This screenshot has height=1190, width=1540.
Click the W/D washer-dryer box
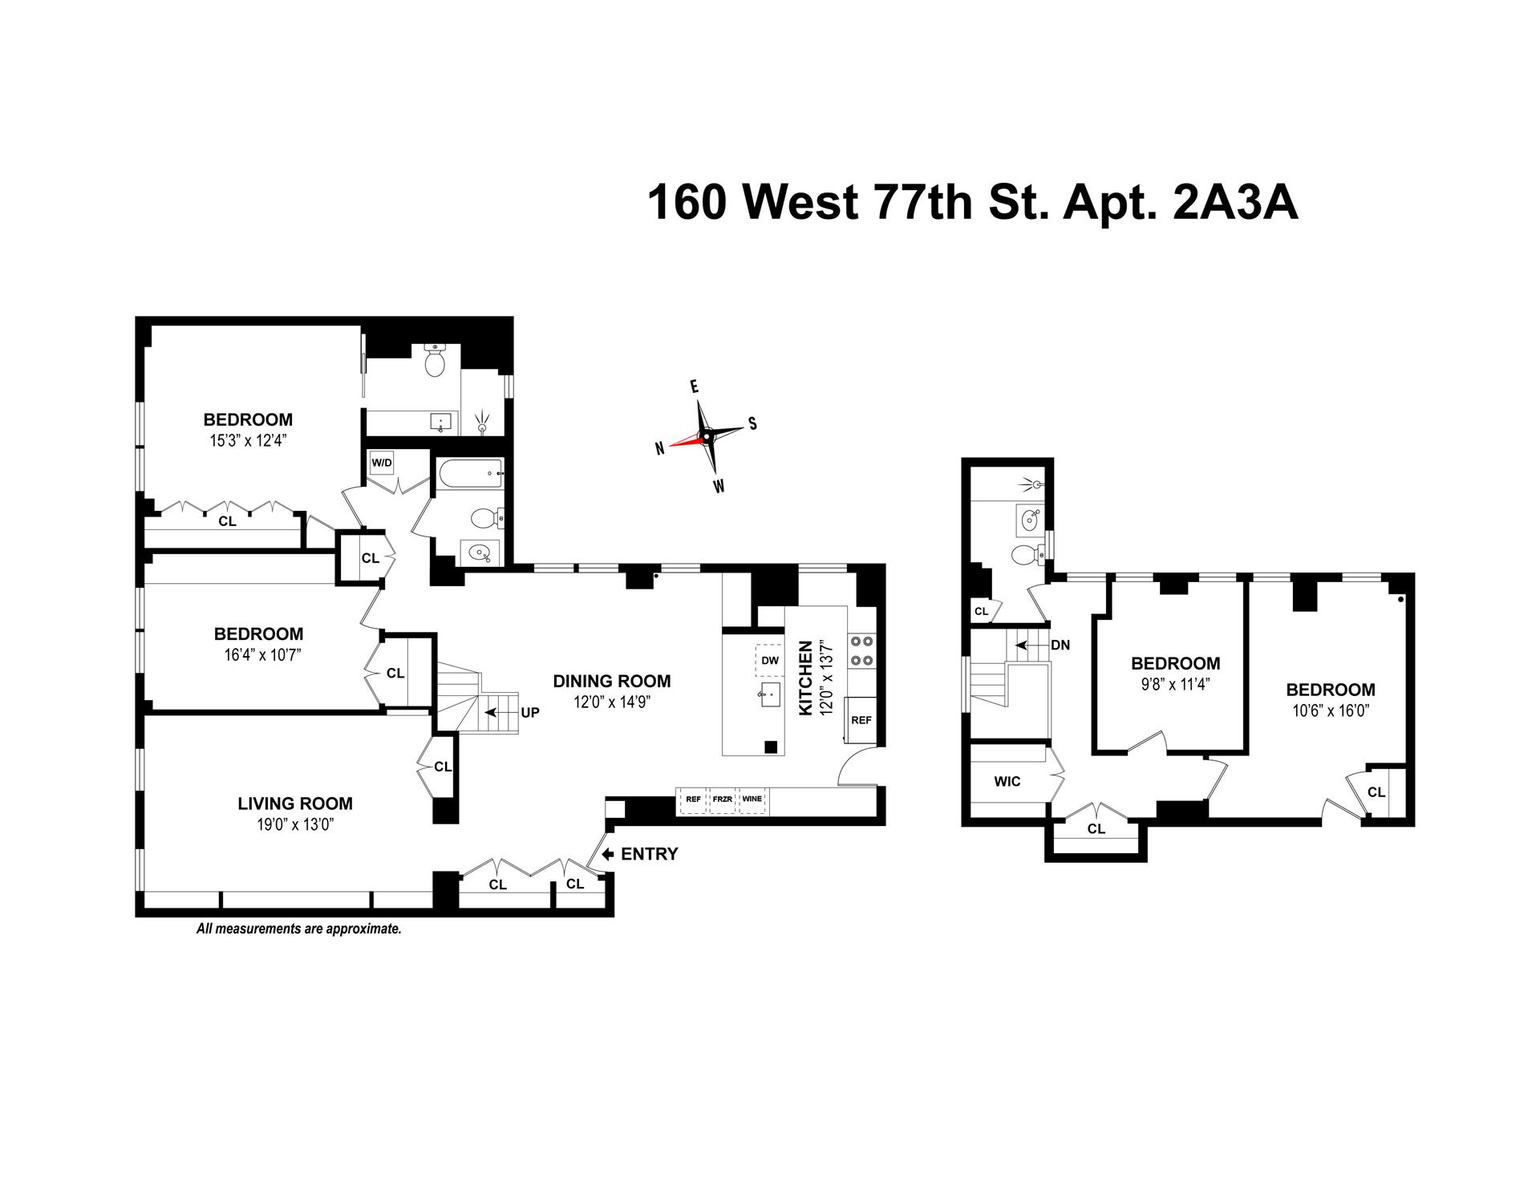(x=381, y=463)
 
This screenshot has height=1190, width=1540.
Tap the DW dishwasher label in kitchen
(x=770, y=661)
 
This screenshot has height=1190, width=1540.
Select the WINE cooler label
(x=752, y=799)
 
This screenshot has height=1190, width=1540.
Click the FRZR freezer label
(x=723, y=799)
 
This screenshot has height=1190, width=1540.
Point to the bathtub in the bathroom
(x=469, y=474)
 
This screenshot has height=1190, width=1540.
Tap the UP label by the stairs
(x=530, y=712)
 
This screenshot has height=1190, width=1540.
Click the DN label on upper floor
(x=1060, y=645)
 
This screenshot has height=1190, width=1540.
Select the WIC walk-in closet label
(x=1007, y=781)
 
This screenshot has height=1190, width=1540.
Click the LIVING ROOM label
(x=295, y=803)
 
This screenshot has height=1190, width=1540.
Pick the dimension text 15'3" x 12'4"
(x=248, y=440)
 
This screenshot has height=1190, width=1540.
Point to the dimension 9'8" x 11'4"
(x=1175, y=684)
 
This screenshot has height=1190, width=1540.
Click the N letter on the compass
(x=659, y=449)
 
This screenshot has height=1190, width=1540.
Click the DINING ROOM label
(x=612, y=682)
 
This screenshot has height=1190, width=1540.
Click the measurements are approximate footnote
(x=298, y=929)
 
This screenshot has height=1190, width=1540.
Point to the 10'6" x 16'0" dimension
(x=1331, y=710)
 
